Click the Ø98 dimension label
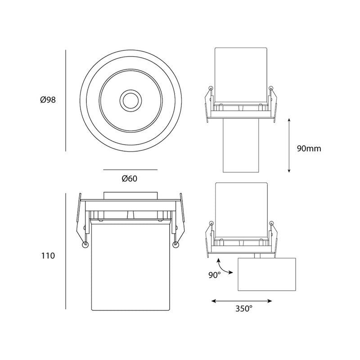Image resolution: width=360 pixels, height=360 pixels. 48,100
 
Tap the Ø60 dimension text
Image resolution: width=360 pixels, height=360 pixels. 130,179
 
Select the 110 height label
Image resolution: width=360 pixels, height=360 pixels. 48,256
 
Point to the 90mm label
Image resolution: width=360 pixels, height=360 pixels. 309,148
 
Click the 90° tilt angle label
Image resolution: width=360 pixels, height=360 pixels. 215,275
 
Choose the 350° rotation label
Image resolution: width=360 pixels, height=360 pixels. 244,309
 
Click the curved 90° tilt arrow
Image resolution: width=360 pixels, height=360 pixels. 223,267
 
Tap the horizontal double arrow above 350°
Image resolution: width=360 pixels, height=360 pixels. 242,301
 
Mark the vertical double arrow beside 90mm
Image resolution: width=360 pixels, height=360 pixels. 289,145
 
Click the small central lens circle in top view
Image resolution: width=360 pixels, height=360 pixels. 130,100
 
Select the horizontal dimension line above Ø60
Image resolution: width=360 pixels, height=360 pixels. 130,170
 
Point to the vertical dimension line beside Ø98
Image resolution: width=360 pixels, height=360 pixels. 66,100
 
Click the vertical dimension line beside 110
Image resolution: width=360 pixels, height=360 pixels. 66,251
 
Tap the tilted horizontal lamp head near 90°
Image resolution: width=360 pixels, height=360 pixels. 267,274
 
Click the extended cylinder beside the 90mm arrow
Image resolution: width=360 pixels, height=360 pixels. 241,145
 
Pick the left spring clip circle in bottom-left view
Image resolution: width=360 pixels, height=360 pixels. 85,245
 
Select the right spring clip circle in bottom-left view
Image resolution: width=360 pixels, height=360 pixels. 176,245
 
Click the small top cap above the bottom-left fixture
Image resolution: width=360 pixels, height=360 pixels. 130,196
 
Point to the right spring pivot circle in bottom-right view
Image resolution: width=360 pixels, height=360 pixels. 271,223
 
